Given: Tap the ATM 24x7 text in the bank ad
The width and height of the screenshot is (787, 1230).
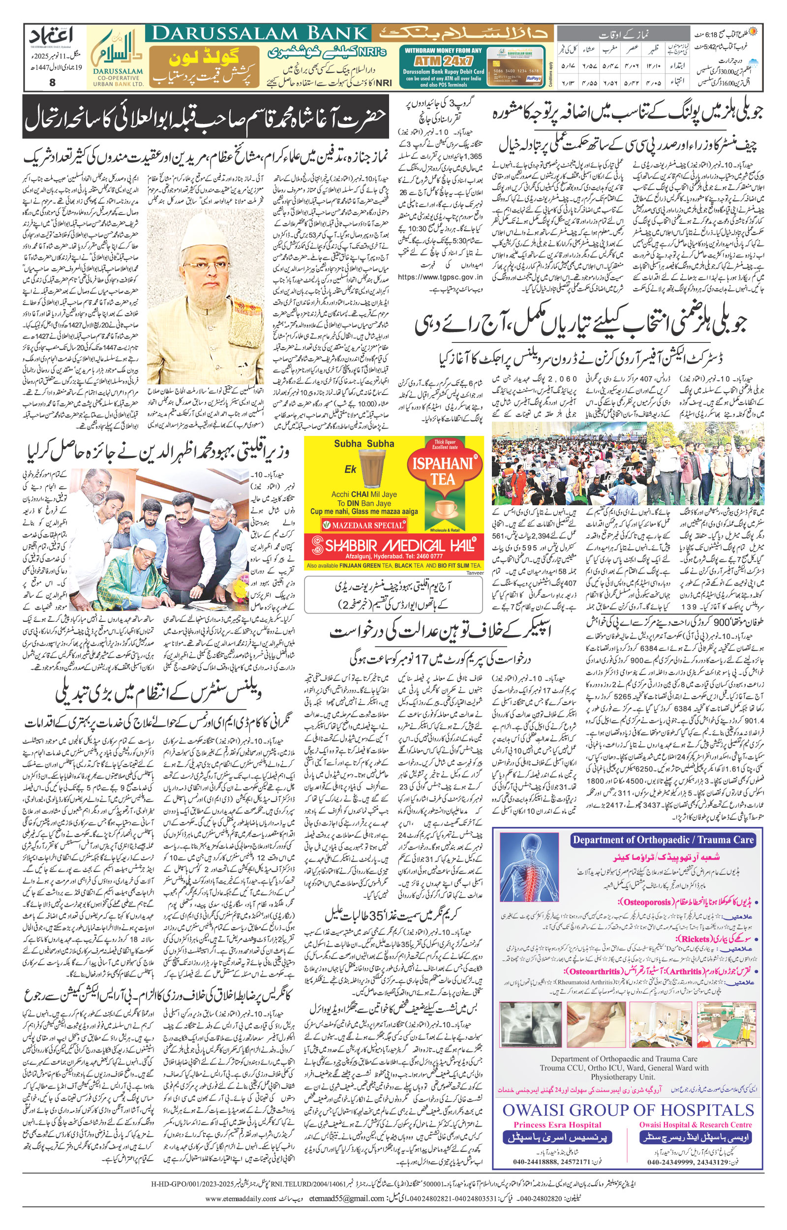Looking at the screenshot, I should (443, 59).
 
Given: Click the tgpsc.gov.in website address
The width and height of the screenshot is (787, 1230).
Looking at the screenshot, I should (440, 277).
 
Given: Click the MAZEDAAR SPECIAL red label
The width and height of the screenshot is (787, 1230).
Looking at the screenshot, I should (363, 525).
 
